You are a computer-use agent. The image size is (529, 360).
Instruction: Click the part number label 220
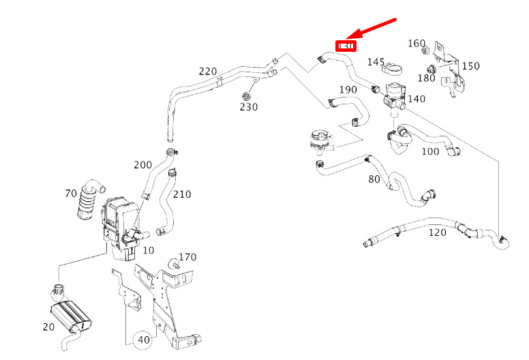208,71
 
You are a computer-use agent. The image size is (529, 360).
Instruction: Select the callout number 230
248,106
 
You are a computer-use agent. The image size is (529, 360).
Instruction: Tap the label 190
348,90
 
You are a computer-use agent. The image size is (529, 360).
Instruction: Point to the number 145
376,62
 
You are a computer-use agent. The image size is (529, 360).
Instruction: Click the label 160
417,44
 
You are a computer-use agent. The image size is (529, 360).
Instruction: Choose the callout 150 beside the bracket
470,66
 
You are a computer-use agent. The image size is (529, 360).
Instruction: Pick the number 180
426,78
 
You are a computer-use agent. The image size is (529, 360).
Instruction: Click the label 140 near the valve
416,99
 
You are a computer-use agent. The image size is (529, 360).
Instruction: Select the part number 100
430,151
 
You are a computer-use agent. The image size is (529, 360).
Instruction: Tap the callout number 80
374,179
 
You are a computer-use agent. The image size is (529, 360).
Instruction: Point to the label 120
437,232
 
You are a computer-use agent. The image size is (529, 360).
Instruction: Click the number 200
142,165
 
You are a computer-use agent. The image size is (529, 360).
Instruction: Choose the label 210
182,194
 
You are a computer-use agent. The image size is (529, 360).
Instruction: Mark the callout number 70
71,194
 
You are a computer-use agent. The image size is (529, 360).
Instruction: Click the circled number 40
143,339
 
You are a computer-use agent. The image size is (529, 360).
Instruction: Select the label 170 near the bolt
187,257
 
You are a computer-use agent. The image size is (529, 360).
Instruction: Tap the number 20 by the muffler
48,327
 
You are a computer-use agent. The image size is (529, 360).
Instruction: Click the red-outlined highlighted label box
346,46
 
